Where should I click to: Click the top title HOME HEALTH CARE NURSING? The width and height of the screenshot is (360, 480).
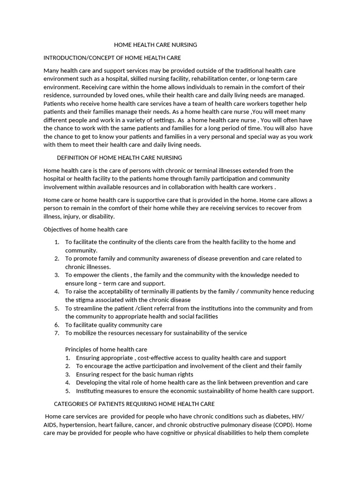156,45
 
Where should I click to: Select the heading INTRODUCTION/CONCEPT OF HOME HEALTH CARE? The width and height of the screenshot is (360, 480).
112,58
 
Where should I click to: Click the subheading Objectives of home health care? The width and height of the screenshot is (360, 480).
85,229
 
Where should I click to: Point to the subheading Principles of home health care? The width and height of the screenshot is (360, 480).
106,349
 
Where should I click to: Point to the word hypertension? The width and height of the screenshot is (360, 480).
77,425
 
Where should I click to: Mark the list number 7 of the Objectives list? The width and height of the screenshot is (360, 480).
56,333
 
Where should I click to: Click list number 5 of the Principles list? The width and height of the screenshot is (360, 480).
67,391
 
